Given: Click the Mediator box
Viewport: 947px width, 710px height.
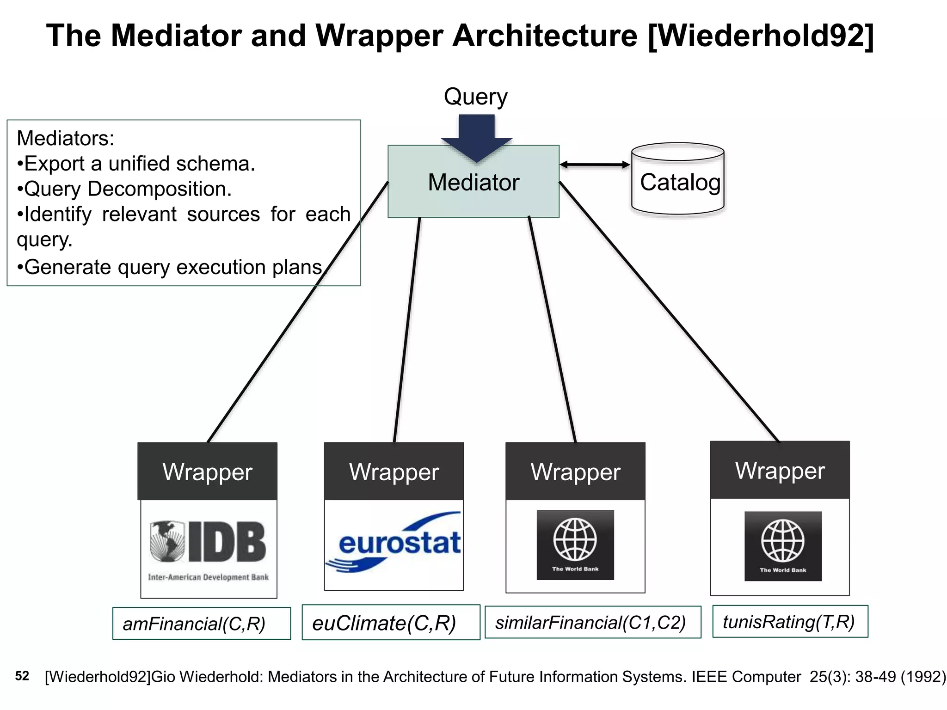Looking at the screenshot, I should click(x=473, y=194).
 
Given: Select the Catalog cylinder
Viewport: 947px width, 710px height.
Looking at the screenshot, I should click(x=678, y=180).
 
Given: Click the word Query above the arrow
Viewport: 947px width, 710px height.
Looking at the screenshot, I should click(x=476, y=97).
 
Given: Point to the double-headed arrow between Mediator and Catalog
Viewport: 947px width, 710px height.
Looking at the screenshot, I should click(x=595, y=165).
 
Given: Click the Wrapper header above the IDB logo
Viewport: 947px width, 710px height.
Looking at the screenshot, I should click(x=208, y=471).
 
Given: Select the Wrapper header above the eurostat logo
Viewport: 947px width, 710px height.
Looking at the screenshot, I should click(x=394, y=471).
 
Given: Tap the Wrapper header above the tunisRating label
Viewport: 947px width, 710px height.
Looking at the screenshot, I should click(x=780, y=471).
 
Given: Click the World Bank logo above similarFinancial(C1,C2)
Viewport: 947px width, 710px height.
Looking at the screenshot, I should click(x=575, y=545).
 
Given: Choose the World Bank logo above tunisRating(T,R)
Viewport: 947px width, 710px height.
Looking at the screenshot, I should click(x=783, y=546).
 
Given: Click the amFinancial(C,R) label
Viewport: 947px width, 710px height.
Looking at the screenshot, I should click(x=194, y=624).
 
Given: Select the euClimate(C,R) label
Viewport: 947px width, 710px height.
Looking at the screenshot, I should click(x=384, y=623).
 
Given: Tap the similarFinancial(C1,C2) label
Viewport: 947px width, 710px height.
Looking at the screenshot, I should click(x=590, y=622).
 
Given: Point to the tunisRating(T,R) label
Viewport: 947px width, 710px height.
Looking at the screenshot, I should click(x=789, y=622).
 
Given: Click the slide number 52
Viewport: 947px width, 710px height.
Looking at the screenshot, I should click(x=22, y=676).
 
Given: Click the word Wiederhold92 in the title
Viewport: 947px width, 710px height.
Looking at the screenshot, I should click(x=761, y=36).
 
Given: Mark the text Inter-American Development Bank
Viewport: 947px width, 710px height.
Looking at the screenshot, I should click(x=208, y=577).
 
